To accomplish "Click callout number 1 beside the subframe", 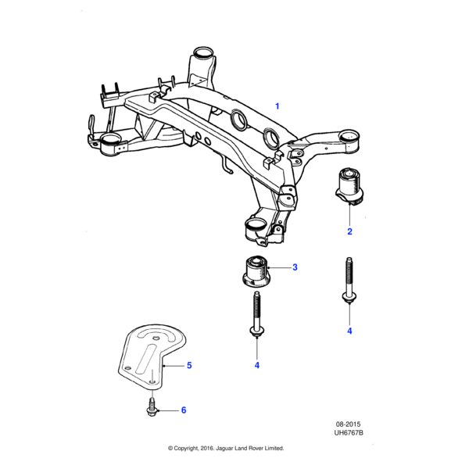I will tap(276, 105).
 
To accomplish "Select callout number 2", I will tap(349, 231).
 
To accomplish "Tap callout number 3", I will tap(295, 268).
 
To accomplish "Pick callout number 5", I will tap(188, 365).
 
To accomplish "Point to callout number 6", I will tap(184, 410).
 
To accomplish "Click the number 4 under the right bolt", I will tap(349, 331).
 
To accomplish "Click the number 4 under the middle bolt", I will tap(256, 365).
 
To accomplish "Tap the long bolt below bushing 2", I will tap(348, 281).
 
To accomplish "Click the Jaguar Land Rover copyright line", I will tap(226, 449).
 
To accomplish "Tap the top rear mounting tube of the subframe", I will tap(203, 58).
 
